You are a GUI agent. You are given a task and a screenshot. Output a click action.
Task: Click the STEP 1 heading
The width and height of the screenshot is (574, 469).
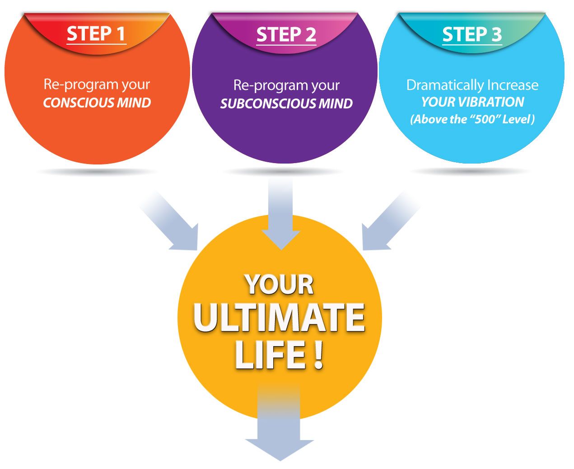pos(96,34)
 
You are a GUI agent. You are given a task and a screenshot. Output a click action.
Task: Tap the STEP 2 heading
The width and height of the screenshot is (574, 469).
pos(286,35)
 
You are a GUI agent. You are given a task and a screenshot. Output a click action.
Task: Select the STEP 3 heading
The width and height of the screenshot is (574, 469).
pos(471,34)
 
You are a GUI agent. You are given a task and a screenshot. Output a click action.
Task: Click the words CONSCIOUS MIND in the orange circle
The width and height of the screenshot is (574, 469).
pos(97,103)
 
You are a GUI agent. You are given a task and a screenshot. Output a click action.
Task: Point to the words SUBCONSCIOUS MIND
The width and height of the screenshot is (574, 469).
pos(286,103)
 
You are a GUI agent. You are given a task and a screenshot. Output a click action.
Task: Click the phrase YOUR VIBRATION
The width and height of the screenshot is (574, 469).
pos(472,102)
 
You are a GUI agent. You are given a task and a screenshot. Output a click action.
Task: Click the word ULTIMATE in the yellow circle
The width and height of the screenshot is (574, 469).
pos(279,318)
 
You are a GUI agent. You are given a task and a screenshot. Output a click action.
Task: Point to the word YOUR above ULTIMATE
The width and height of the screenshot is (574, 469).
pos(280,285)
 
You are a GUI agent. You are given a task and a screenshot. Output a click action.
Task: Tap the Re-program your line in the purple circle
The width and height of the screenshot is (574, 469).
pos(286,85)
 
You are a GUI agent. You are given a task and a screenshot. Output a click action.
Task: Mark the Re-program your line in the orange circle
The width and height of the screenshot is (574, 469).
pos(97,84)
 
